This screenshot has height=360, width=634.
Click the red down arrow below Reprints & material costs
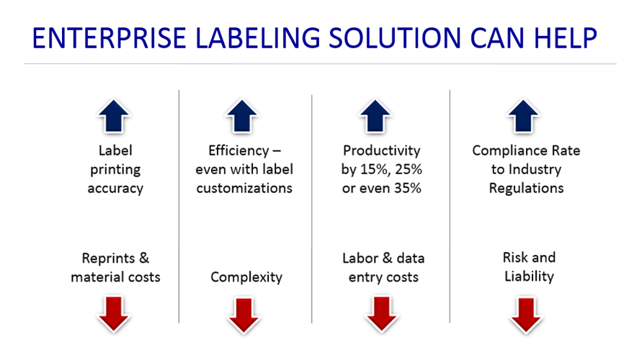(x=115, y=314)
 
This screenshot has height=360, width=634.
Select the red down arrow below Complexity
(x=244, y=314)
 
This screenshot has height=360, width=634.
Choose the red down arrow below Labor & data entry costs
(x=381, y=314)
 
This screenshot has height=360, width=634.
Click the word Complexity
(x=246, y=277)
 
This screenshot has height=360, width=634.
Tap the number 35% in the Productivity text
(x=403, y=189)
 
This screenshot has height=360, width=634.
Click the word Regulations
(x=526, y=189)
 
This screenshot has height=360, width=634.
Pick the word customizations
(x=244, y=189)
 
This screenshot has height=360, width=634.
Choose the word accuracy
(x=115, y=189)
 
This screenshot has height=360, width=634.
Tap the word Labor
(x=360, y=258)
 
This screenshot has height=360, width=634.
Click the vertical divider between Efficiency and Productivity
(x=312, y=209)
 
